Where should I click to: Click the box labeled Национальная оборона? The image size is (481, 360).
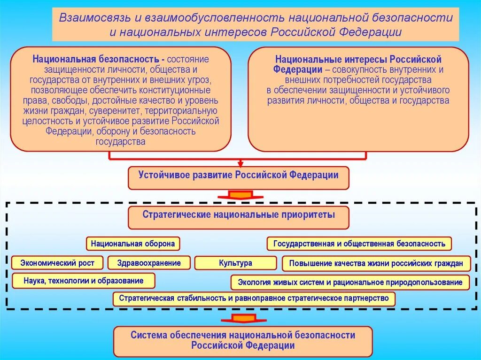coord(133,244)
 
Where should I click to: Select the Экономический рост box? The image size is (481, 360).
coord(57,263)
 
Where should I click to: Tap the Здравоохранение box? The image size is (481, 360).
coord(149,263)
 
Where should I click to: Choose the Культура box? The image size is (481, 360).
coord(235,263)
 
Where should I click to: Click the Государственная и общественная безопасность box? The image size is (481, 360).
coord(359,244)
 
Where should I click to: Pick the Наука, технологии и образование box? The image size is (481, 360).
coord(84,281)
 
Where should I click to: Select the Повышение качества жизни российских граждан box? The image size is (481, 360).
coord(376,263)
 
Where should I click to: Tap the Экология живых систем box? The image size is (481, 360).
coord(350,282)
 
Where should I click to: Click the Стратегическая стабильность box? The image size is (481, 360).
coord(254,299)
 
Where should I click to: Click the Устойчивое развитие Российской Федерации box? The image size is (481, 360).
coord(238,177)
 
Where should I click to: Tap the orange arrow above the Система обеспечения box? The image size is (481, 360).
coord(243,319)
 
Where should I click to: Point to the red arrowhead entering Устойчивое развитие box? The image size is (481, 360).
coord(240,164)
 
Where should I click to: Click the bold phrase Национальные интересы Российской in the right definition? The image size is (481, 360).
coord(358,60)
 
